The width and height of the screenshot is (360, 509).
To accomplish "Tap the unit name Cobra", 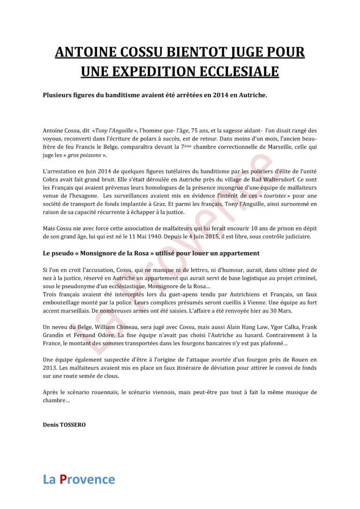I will (52, 180).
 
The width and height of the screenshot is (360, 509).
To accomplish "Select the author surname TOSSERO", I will (72, 425).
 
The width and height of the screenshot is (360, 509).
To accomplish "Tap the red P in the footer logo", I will (63, 479).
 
